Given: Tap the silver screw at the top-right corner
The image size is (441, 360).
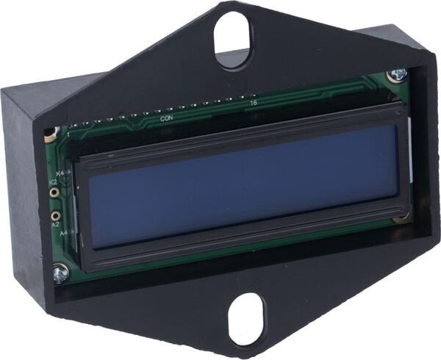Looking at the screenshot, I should point(398,74).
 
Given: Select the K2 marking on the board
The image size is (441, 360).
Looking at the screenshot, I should point(53,181).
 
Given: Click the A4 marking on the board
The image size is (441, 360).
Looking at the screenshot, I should point(64,234).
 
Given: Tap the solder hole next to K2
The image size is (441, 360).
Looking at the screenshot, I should point(54,192).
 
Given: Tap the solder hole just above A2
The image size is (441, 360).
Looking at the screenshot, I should point(54,216).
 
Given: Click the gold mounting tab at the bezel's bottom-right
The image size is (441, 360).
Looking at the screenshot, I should point(401,217).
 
